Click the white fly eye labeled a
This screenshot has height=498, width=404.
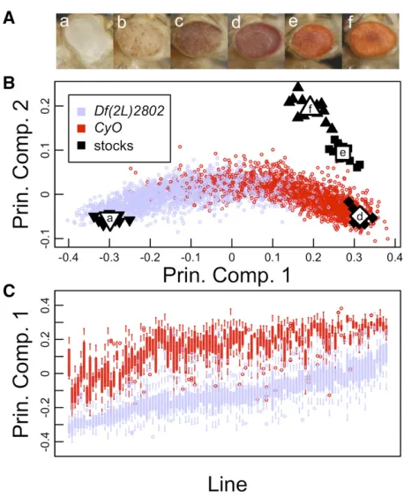click(85, 41)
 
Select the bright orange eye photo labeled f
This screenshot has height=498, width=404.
click(370, 41)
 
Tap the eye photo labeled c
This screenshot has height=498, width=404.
click(199, 41)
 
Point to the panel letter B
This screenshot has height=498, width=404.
click(9, 84)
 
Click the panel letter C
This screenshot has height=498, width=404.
click(9, 290)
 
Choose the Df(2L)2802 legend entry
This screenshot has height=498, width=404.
click(121, 111)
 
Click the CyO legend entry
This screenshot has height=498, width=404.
click(101, 128)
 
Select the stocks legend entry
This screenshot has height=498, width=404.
click(106, 146)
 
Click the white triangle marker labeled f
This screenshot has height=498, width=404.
click(310, 109)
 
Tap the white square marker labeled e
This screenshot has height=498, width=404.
click(342, 153)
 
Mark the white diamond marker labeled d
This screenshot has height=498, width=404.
click(360, 217)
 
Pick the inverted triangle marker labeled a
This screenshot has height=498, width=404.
click(109, 219)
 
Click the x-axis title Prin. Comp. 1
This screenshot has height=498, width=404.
click(227, 275)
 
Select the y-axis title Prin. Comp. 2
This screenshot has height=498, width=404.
click(21, 164)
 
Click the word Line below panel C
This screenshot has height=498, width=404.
click(228, 485)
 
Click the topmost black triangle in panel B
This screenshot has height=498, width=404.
click(297, 87)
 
